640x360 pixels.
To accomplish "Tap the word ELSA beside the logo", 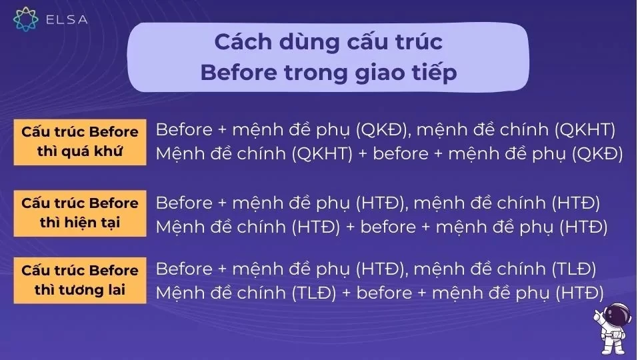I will [x=67, y=19].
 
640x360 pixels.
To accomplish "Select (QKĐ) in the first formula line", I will [x=378, y=129].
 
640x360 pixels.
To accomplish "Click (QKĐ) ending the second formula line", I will [x=598, y=154].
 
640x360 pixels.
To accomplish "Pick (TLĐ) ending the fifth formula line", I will [x=573, y=269].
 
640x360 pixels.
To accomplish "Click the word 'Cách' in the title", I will [x=241, y=41].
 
